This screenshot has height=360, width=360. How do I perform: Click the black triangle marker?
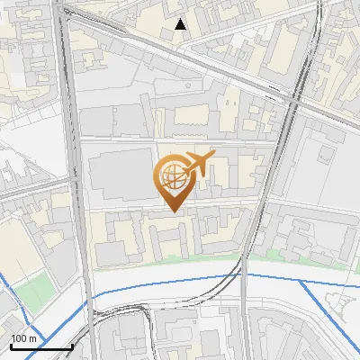[181, 24]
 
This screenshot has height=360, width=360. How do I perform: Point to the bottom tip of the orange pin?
[173, 211]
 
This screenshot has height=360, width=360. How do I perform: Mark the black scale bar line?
[41, 346]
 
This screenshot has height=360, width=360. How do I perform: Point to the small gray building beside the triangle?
[166, 34]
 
